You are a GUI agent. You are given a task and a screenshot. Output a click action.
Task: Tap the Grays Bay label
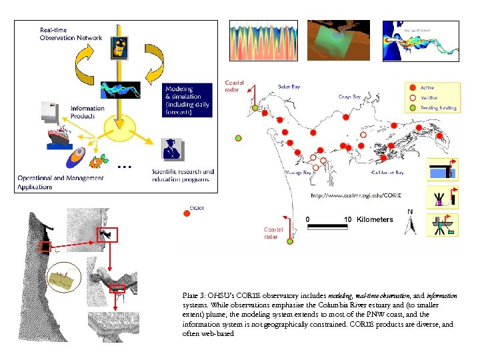(349, 97)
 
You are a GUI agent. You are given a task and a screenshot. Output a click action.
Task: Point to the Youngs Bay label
(298, 173)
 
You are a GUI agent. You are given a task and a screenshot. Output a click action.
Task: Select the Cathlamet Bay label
(387, 173)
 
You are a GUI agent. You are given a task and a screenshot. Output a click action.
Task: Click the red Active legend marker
(413, 88)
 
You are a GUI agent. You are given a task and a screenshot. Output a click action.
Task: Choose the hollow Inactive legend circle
(413, 97)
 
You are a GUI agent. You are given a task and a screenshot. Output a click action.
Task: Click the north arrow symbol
(411, 223)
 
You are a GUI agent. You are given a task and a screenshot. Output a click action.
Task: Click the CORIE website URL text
(355, 195)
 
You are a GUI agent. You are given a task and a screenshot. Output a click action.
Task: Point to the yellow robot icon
(120, 47)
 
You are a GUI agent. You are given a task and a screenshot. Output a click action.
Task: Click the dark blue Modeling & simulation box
(188, 100)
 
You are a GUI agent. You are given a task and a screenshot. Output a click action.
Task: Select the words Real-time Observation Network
(71, 34)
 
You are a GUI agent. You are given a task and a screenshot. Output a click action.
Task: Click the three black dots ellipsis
(123, 165)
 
